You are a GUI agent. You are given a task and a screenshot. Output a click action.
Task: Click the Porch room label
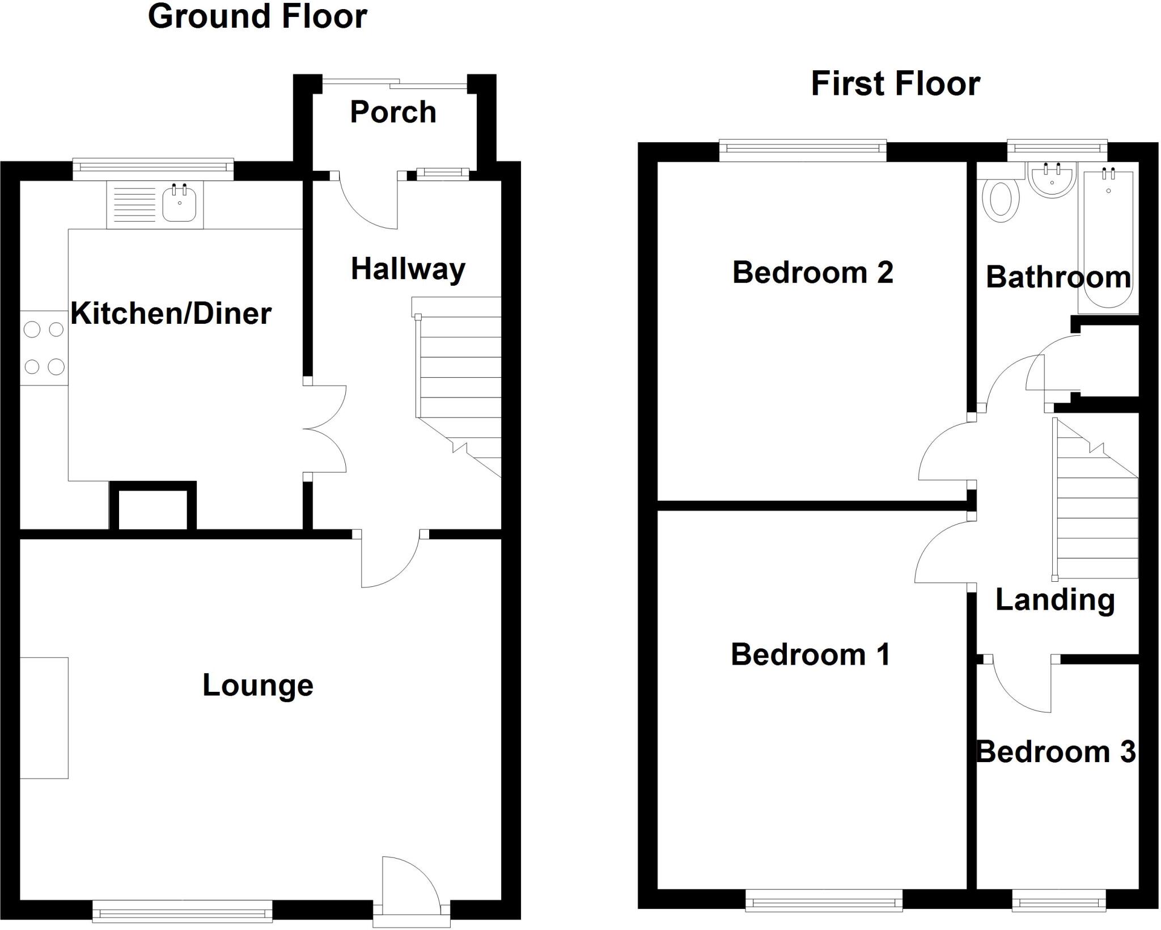393,112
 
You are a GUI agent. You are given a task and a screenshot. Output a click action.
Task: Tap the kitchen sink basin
179,205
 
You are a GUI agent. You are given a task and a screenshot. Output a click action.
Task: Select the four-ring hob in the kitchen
44,348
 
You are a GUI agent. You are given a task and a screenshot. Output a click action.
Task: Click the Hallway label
408,269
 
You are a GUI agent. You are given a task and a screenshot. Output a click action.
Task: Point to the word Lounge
258,685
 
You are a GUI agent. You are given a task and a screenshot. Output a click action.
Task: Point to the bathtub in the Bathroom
1108,238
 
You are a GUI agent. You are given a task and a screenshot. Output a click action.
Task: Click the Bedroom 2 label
812,272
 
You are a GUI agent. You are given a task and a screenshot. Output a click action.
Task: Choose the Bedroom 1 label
810,654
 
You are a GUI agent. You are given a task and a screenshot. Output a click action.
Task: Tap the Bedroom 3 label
1056,752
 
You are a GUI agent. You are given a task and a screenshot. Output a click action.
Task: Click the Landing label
1055,600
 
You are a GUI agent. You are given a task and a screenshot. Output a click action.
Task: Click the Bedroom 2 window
803,150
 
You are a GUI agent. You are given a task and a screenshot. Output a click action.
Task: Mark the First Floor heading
895,84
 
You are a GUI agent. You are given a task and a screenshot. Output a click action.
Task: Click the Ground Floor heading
257,16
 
